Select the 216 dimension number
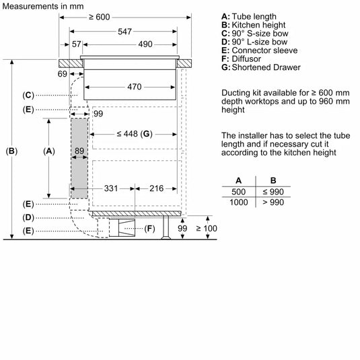157,188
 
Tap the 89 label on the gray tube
79,151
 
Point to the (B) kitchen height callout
11,151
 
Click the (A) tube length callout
48,151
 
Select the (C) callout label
28,95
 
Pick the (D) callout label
28,217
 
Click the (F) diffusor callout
149,229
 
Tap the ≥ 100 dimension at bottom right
207,229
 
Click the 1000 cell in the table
238,202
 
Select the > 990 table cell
273,202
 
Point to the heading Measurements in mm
42,5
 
